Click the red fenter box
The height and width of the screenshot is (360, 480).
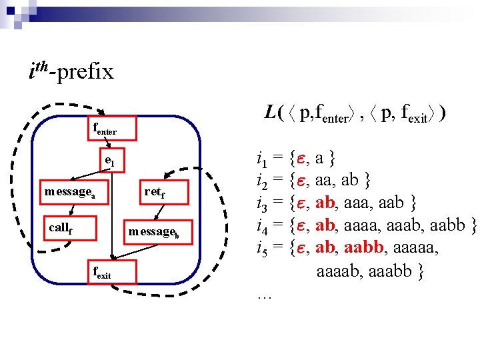coord(113,128)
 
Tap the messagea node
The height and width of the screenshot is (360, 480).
coord(71,192)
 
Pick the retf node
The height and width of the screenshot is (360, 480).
coord(154,192)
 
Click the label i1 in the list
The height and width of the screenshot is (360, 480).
coord(261,159)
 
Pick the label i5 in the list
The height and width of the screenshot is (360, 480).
coord(261,248)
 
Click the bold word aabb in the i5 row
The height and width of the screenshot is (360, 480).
coord(364,248)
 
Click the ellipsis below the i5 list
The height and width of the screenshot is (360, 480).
coord(263,293)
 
